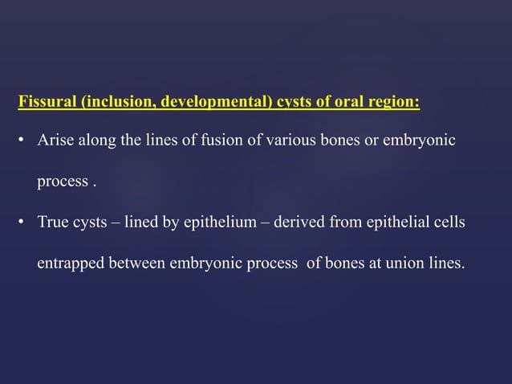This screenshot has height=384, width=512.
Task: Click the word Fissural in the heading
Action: pyautogui.click(x=45, y=103)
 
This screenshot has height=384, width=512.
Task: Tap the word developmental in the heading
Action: pyautogui.click(x=212, y=103)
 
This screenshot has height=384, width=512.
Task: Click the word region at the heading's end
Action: pyautogui.click(x=395, y=103)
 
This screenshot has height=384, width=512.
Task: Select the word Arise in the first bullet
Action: pyautogui.click(x=53, y=141)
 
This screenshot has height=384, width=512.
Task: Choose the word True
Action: pyautogui.click(x=53, y=223)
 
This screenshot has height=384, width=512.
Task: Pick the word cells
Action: pyautogui.click(x=449, y=223)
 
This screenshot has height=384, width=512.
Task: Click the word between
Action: pyautogui.click(x=138, y=263)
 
